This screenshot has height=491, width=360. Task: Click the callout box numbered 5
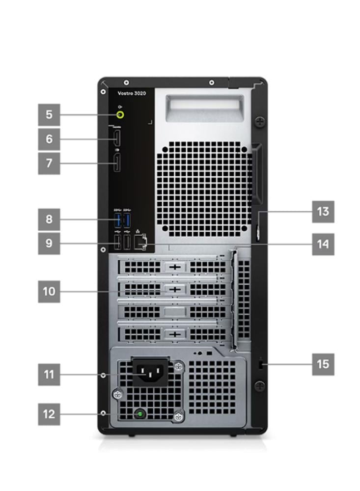[x=49, y=115]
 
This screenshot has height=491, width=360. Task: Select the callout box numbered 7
[x=49, y=163]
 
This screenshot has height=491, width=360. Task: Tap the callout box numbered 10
[x=49, y=291]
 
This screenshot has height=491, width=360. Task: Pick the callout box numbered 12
[x=49, y=414]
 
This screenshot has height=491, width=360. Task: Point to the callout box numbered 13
[x=323, y=212]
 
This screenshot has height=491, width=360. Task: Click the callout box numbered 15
[x=323, y=364]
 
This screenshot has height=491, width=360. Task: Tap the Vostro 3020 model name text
[x=131, y=93]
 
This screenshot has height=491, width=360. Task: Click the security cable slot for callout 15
[x=260, y=365]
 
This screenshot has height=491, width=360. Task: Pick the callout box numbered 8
[x=49, y=218]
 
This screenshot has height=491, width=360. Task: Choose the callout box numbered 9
[x=49, y=243]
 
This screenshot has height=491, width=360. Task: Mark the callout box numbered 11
[x=49, y=375]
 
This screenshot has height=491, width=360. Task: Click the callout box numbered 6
[x=49, y=139]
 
